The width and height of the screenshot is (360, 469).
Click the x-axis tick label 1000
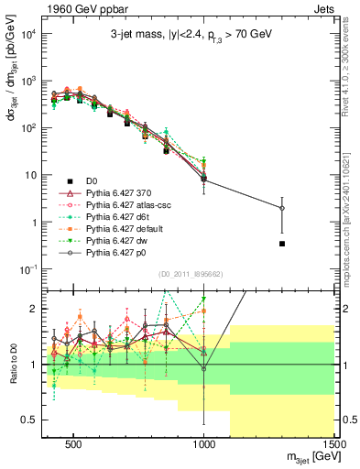(x=204, y=445)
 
